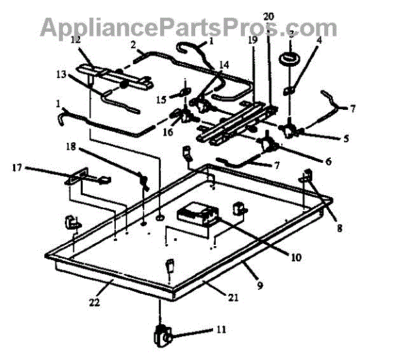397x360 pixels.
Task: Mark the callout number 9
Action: [259, 286]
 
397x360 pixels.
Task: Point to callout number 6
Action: [328, 161]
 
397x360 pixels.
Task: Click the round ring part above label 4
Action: [289, 58]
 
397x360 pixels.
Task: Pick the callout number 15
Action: [162, 100]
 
